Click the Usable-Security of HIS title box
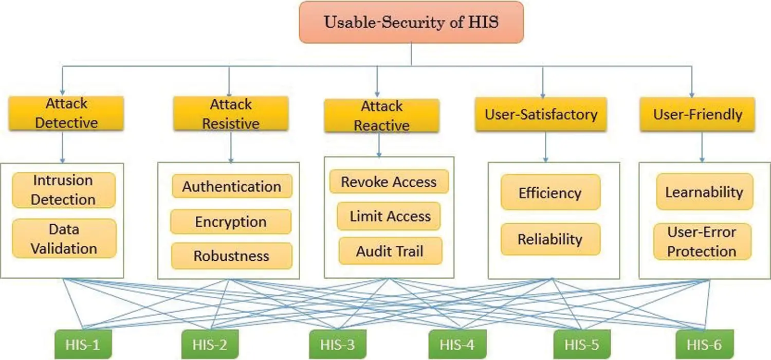pos(411,22)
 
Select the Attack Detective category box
pos(66,113)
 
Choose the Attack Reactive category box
pos(381,116)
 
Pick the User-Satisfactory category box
pos(541,114)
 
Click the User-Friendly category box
pos(697,114)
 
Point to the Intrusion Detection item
pos(63,190)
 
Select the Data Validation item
pos(64,239)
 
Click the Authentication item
pos(232,186)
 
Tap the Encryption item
pos(231,222)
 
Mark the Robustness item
pos(231,256)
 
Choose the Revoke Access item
pos(389,182)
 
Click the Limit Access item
pos(390,216)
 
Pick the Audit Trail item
pos(390,251)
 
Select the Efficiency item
pos(550,193)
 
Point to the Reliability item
pos(550,239)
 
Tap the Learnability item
pos(704,192)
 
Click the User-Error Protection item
pos(702,242)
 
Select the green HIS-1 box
pos(83,344)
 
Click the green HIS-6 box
pos(704,344)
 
